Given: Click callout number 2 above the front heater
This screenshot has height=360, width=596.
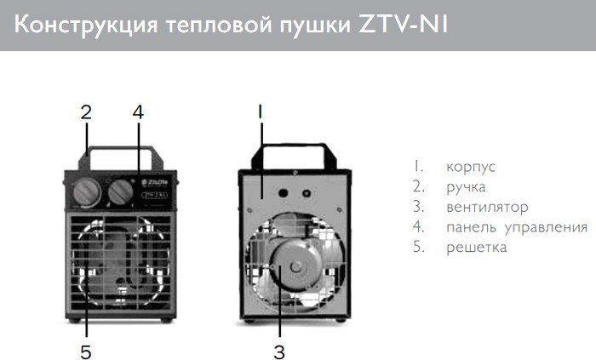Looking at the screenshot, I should point(85,111).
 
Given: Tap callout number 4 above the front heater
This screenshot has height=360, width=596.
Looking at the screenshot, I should point(139,111).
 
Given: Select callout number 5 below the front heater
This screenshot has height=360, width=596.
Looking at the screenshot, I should point(85,350).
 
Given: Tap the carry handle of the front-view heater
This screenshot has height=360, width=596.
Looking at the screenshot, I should point(118,155).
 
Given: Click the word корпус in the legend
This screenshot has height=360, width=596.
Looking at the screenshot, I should point(471,166).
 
